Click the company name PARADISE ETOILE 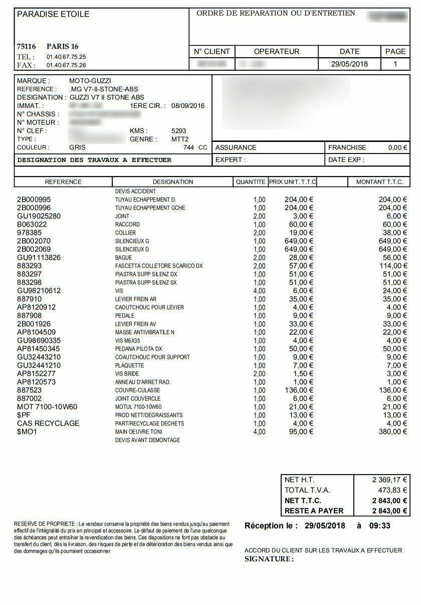[x=53, y=14]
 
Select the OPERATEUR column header [x=277, y=51]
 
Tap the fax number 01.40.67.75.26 [x=66, y=65]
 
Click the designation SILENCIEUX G [x=132, y=241]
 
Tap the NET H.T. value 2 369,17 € [x=389, y=480]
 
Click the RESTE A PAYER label [x=314, y=511]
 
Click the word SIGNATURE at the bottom [x=269, y=559]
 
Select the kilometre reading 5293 [x=178, y=131]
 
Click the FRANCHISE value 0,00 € [x=398, y=147]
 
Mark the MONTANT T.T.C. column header [x=379, y=182]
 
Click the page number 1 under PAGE [x=395, y=64]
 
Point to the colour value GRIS [x=77, y=147]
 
